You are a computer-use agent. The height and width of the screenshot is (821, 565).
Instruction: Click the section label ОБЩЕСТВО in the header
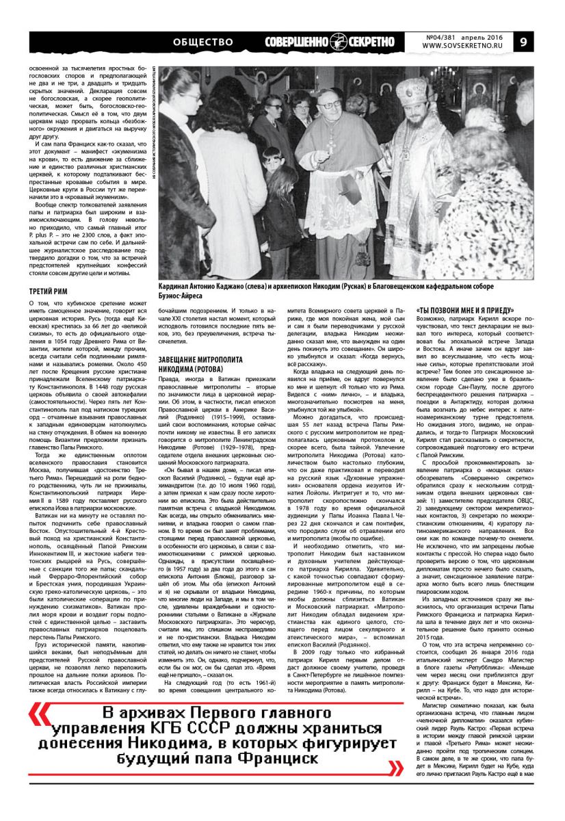pyautogui.click(x=203, y=42)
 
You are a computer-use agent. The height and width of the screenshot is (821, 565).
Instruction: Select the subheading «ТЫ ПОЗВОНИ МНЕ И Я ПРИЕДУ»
pyautogui.click(x=459, y=309)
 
